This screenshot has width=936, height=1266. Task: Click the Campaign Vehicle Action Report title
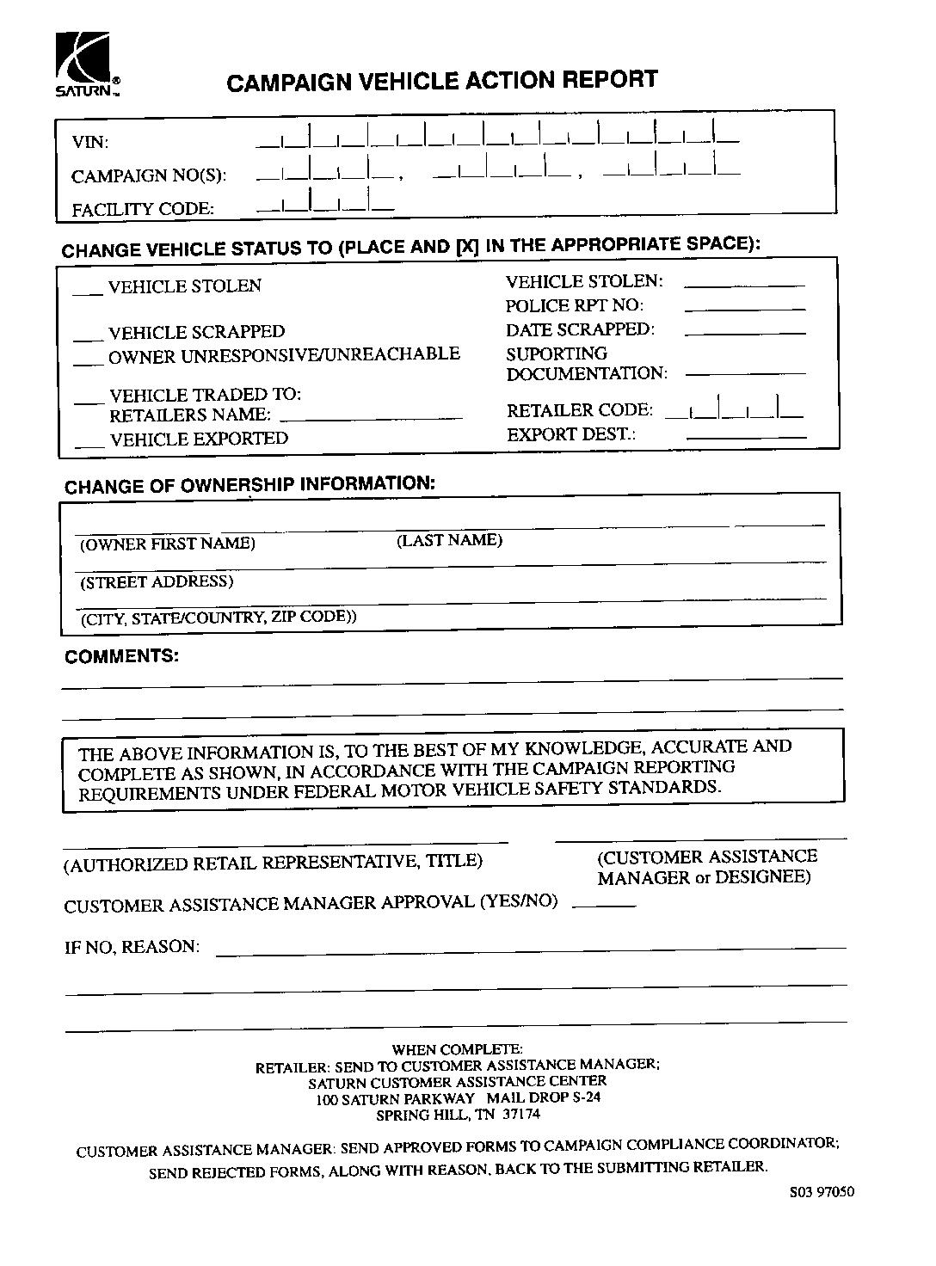pos(441,81)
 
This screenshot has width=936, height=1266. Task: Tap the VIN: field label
pos(89,143)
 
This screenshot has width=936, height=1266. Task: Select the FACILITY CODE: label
pos(143,209)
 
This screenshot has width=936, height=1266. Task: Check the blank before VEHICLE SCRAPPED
pos(88,335)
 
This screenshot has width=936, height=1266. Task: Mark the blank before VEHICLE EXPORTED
pos(89,443)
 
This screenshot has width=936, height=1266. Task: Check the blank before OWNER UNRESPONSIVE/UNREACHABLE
pos(88,360)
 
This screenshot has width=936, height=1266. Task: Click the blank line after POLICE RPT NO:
pos(745,307)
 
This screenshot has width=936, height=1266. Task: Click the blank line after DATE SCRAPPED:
pos(745,331)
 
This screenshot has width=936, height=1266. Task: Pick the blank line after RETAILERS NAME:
pos(371,417)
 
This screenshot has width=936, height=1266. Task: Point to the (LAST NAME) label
pos(449,540)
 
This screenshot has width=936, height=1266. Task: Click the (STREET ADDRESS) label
pos(157,582)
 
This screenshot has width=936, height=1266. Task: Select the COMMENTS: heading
pos(122,656)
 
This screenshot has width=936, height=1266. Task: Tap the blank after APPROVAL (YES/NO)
pos(603,905)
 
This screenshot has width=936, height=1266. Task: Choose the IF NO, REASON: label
pos(132,947)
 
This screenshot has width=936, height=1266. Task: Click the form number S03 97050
pos(822,1192)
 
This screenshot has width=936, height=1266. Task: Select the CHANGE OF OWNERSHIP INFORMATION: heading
pos(249,484)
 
